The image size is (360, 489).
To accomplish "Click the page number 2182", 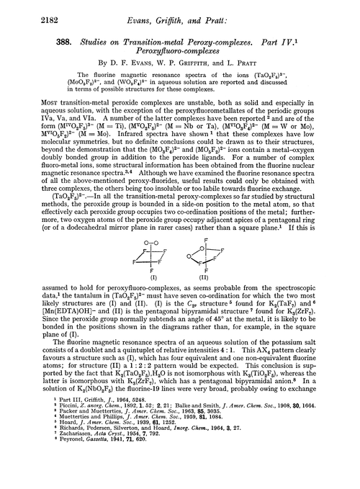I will (24, 11).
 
